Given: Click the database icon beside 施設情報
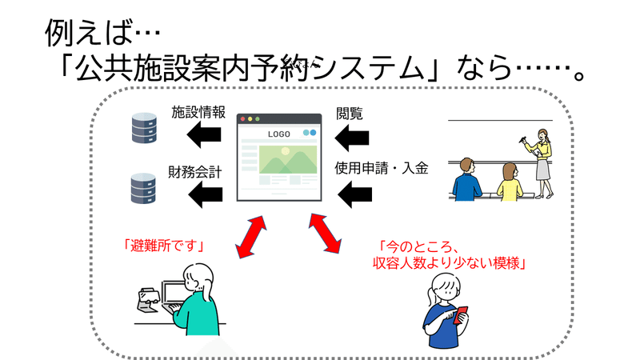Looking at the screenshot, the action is click(145, 128).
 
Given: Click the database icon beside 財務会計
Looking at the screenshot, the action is click(144, 189).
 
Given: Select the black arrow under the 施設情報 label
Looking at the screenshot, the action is click(204, 134).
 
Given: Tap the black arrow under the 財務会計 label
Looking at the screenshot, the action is click(206, 194).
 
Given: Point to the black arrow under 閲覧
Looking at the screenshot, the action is click(352, 138).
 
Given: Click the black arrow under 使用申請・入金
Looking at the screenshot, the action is click(354, 194).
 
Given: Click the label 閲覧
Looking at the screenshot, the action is click(350, 114).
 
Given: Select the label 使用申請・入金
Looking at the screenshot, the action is click(382, 168).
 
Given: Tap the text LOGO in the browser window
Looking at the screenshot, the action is click(279, 134).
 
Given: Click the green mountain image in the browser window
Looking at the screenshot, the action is click(288, 159).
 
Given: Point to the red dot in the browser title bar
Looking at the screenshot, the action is click(243, 118).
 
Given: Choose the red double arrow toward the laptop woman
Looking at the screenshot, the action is click(251, 237).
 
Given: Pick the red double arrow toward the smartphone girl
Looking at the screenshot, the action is click(325, 234).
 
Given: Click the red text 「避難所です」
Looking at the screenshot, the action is click(164, 246).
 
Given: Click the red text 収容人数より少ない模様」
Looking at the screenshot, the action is click(450, 263).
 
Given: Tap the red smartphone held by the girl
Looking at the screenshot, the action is click(461, 314).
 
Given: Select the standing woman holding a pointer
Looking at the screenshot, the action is click(539, 163).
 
